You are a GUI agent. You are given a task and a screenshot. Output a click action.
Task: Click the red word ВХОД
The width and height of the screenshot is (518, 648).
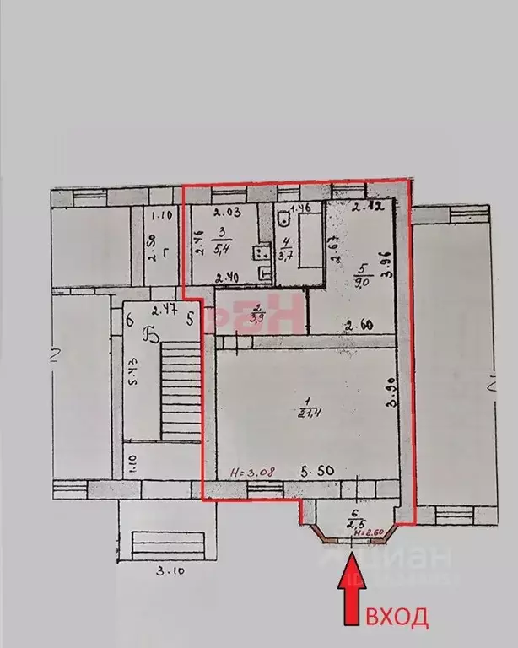pyautogui.click(x=396, y=618)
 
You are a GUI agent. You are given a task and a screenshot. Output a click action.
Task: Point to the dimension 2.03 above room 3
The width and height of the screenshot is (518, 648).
pyautogui.click(x=228, y=212)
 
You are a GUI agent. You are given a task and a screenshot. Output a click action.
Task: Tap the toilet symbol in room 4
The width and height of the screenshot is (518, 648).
pyautogui.click(x=283, y=222)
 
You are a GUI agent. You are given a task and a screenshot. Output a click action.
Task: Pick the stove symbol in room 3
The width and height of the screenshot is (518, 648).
pyautogui.click(x=261, y=251)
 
